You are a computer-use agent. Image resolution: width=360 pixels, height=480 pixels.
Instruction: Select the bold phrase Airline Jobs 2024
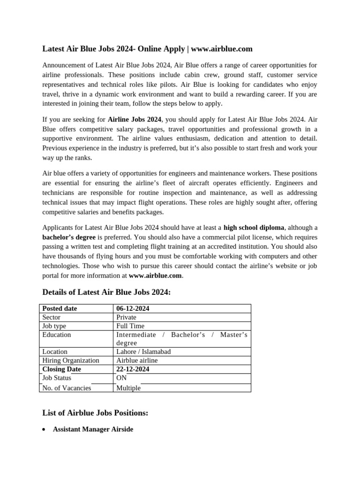135,120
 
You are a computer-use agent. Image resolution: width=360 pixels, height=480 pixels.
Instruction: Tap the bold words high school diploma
254,227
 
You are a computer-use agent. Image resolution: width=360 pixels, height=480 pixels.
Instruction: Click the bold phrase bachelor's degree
69,237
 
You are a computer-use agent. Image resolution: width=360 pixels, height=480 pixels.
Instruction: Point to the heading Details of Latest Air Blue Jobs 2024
106,292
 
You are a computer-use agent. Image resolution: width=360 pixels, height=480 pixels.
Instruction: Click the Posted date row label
60,308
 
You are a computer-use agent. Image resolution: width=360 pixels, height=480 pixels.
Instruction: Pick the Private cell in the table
126,317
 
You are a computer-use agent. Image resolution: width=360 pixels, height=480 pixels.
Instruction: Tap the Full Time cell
130,326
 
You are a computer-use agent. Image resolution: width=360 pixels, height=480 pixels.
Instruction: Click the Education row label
57,335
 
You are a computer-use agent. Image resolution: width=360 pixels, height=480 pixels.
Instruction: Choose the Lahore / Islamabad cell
143,352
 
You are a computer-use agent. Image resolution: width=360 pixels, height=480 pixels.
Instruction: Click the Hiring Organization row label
71,360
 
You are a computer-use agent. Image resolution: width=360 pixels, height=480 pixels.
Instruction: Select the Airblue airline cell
137,360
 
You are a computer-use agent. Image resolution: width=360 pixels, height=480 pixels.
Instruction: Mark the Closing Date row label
61,369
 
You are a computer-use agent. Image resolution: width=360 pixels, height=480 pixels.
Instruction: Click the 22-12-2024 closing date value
133,369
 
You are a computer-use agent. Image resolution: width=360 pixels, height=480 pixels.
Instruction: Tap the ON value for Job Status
121,378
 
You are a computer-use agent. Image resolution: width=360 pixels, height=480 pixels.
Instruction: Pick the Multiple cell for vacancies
128,388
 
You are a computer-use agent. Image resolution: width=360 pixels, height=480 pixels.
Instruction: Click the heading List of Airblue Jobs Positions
95,413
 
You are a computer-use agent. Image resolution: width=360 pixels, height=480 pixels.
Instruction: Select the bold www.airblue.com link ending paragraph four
155,276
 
